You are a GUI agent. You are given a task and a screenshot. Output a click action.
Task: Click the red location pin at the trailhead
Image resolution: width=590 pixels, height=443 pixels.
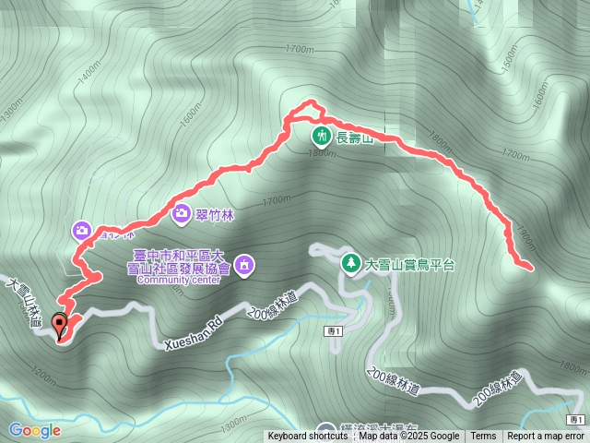(62, 326)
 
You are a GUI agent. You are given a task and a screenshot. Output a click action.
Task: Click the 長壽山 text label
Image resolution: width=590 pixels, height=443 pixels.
(353, 138)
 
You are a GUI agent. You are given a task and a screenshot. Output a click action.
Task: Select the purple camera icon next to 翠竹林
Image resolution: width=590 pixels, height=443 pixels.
(181, 213)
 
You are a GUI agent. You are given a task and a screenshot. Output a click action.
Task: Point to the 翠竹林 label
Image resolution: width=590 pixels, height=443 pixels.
(216, 214)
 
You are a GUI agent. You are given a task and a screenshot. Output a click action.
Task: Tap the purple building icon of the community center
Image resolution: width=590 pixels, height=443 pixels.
(244, 267)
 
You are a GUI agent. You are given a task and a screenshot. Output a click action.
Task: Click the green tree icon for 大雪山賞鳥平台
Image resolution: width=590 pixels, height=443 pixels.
(351, 263)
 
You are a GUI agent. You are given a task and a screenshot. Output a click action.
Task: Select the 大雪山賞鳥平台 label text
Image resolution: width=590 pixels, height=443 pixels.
(410, 264)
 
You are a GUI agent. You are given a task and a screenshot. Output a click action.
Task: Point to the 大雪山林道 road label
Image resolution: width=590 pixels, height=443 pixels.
(24, 302)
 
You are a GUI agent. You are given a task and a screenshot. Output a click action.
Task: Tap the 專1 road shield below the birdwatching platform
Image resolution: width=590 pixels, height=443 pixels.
(334, 331)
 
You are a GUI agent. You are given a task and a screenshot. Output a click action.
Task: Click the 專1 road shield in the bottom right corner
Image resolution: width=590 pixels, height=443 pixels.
(576, 420)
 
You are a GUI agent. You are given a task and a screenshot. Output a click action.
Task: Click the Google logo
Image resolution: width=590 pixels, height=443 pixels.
(35, 430)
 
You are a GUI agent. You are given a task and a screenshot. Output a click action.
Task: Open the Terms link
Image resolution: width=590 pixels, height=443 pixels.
(483, 437)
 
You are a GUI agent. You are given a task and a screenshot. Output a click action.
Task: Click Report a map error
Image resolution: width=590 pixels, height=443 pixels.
(546, 437)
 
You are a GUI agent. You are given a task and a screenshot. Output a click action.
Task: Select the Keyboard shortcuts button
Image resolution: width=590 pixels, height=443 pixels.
(308, 437)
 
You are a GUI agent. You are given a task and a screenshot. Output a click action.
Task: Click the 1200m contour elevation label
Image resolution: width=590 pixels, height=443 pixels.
(41, 374)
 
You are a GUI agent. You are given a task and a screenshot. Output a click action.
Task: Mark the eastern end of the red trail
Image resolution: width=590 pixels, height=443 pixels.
(530, 268)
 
